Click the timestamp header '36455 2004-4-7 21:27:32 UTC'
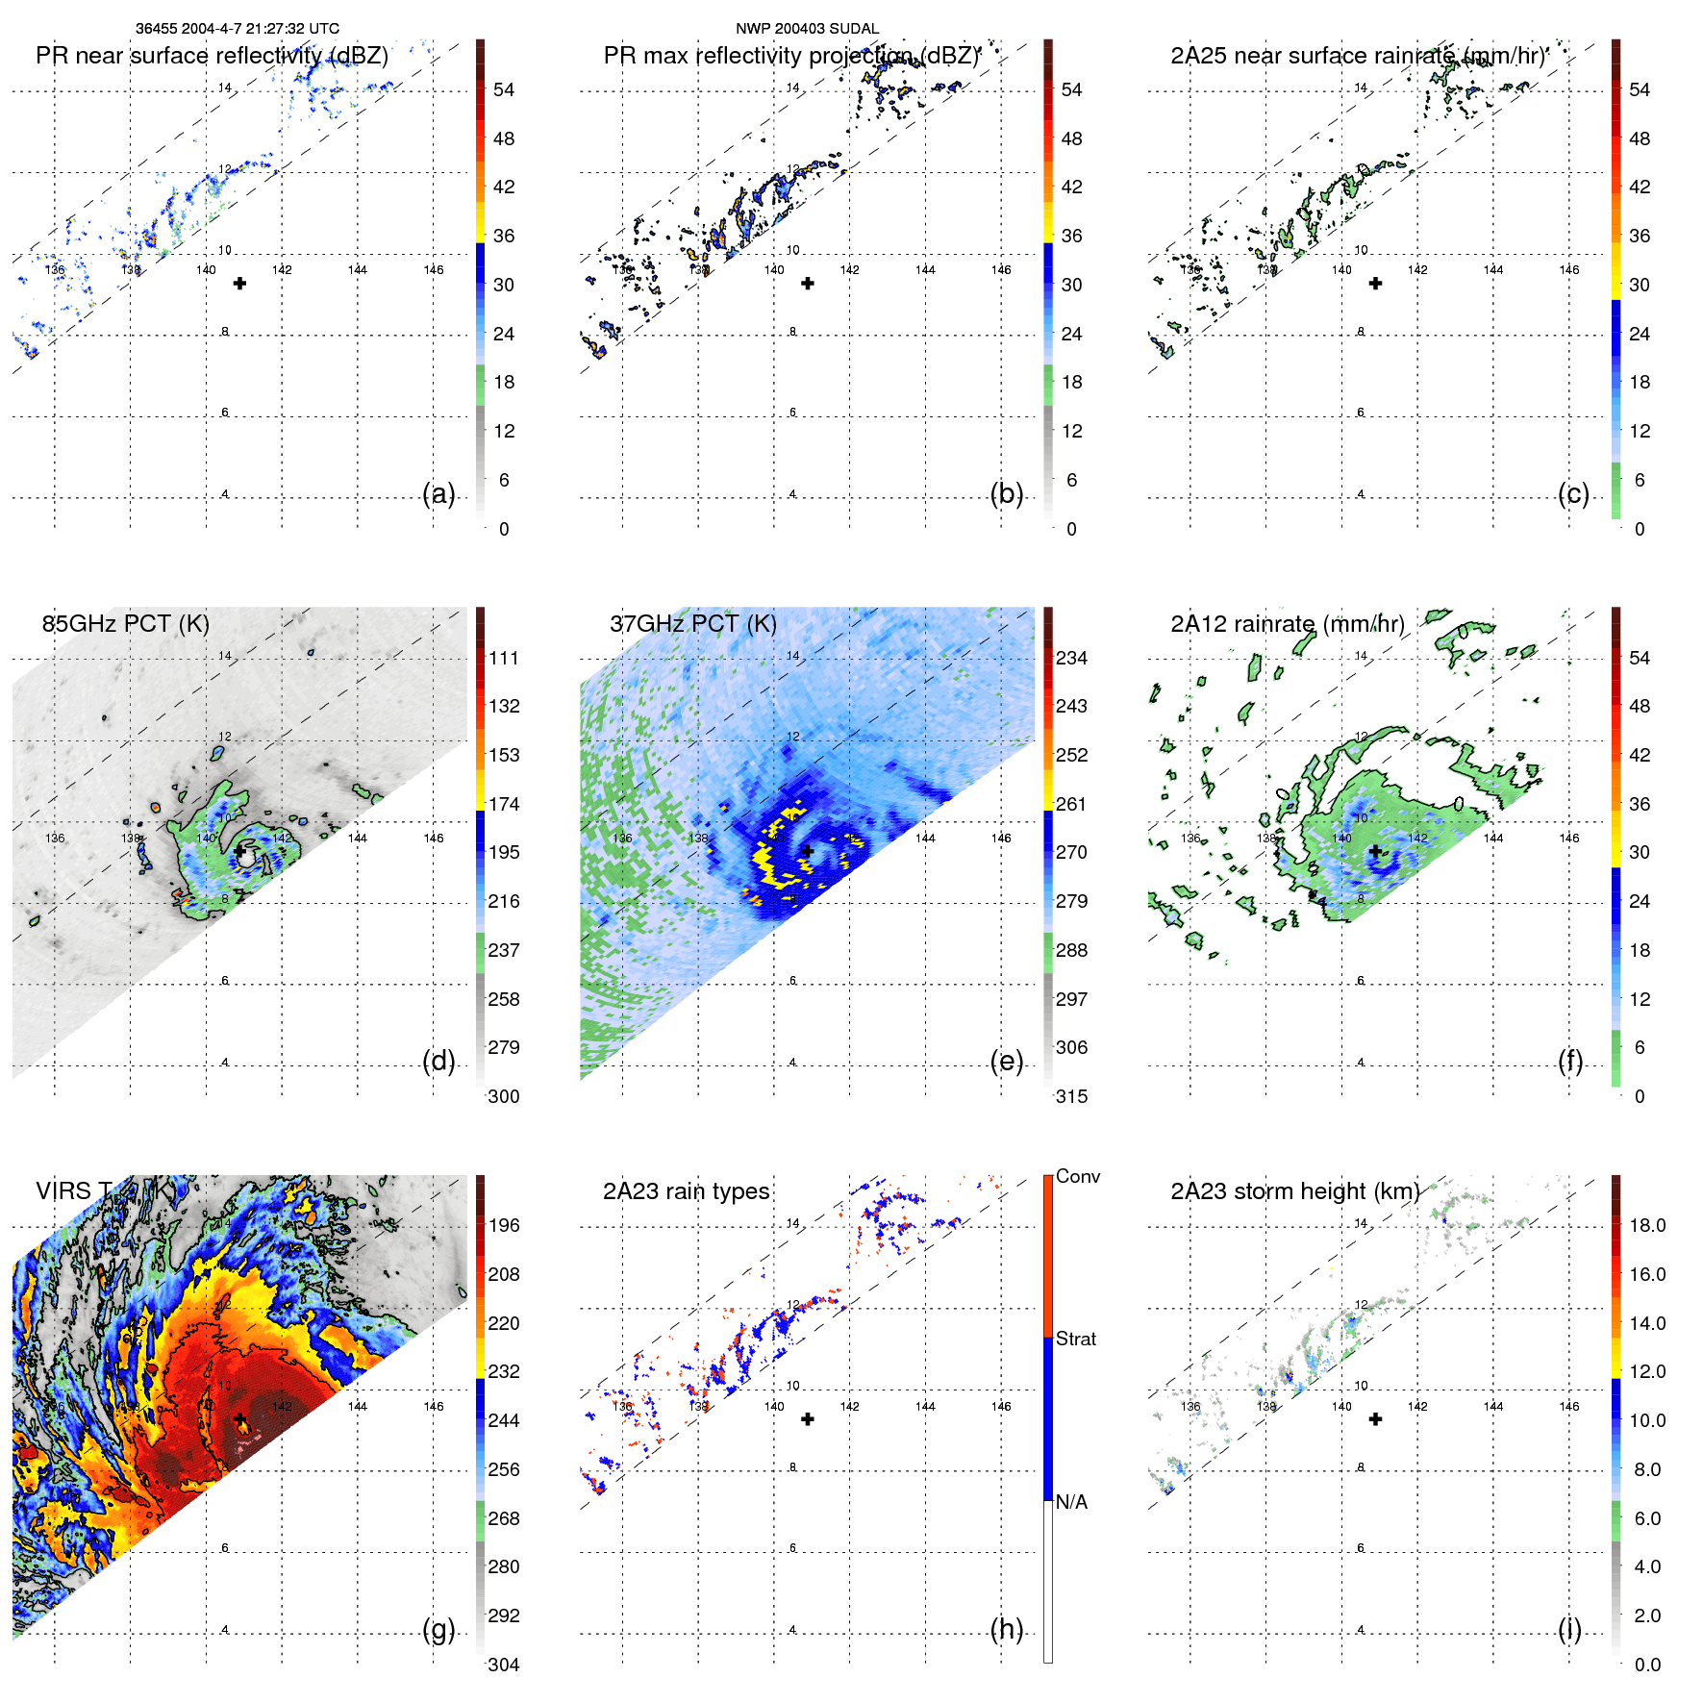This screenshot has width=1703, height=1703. point(237,29)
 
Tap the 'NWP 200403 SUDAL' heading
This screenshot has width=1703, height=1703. point(807,29)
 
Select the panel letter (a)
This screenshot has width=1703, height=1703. point(438,493)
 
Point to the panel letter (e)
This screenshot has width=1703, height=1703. point(1006,1061)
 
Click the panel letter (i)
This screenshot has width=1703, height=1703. point(1569,1629)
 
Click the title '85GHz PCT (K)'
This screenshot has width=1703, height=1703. point(125,623)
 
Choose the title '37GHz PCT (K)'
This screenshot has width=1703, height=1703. point(692,623)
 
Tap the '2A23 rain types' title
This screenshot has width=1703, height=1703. point(686,1191)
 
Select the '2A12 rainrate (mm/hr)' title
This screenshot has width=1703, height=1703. point(1287,623)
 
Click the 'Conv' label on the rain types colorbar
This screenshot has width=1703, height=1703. point(1077,1176)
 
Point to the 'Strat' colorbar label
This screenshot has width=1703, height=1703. point(1075,1339)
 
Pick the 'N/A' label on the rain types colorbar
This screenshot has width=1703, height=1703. point(1071,1502)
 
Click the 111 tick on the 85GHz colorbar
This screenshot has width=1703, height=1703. point(503,658)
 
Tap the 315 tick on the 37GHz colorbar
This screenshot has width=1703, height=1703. point(1071,1096)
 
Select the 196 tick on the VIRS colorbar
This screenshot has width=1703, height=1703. point(503,1225)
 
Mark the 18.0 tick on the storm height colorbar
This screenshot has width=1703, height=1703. point(1646,1225)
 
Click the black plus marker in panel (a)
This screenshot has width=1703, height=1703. point(239,283)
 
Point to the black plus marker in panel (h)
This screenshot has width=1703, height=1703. point(808,1418)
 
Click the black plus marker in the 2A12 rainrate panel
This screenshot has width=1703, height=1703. point(1375,851)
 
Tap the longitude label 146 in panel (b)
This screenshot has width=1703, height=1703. point(1001,269)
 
